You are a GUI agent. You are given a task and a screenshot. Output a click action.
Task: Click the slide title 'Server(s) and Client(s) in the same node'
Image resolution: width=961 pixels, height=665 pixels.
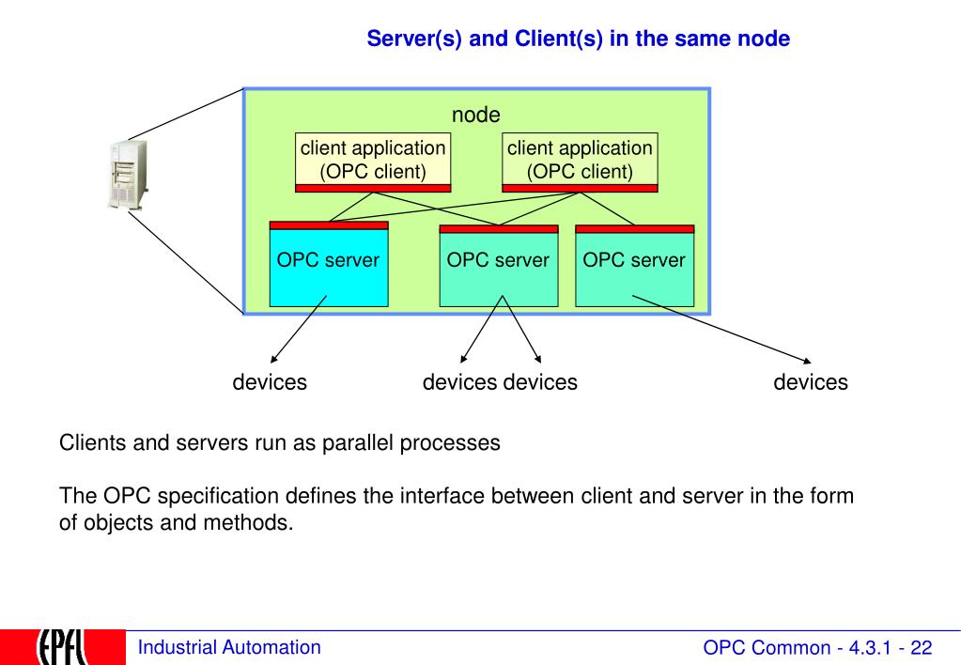point(578,39)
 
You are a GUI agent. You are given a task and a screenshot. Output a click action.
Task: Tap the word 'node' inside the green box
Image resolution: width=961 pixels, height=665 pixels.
point(475,115)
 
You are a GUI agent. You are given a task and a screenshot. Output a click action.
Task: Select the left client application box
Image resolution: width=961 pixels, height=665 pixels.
point(373,162)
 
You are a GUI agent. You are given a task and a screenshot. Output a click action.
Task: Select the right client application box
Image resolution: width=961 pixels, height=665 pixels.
point(580,162)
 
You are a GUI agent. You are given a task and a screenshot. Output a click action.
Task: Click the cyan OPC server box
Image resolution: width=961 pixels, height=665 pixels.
point(329,264)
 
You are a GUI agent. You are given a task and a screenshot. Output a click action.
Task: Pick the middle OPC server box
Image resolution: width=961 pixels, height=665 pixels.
point(499,266)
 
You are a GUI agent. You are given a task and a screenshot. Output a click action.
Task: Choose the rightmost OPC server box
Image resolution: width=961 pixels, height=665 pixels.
point(635,266)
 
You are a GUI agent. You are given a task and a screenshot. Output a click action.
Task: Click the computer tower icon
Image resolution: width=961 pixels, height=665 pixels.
point(129,175)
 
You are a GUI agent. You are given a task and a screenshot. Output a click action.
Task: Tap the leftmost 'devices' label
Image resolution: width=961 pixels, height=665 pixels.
point(270,382)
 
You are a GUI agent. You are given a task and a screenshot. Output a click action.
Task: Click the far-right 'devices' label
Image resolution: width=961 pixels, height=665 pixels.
point(811,382)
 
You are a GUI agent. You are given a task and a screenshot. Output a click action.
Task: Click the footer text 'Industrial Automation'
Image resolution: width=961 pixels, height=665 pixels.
point(229,647)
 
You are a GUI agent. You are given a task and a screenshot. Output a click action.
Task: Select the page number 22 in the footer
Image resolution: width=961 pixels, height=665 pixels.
point(922,648)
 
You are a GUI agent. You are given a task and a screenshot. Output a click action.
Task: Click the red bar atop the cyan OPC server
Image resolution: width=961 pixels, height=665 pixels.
point(329,224)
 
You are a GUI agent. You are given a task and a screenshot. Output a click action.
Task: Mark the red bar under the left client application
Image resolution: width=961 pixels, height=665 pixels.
point(373,188)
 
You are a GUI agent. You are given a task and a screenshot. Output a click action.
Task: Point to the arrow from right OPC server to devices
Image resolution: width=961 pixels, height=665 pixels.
point(721,329)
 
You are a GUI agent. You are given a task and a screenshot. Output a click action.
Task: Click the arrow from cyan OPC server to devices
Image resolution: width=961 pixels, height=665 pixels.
point(299,329)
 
